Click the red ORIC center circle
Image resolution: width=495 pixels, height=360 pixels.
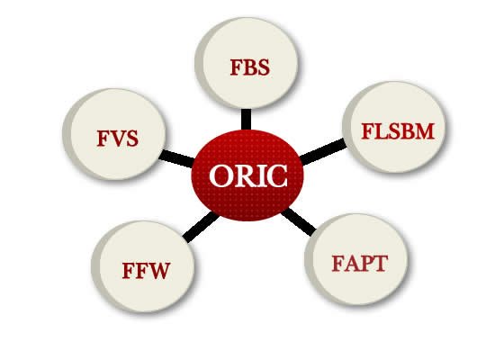pyautogui.click(x=247, y=175)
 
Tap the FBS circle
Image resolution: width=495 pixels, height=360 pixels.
pyautogui.click(x=247, y=63)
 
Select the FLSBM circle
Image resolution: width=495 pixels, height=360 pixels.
pyautogui.click(x=394, y=127)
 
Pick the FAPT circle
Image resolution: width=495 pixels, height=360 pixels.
pyautogui.click(x=356, y=259)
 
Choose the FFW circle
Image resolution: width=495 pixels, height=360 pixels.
pyautogui.click(x=143, y=266)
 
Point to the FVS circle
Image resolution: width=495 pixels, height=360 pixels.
pyautogui.click(x=114, y=134)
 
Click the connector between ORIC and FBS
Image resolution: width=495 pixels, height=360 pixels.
pyautogui.click(x=247, y=120)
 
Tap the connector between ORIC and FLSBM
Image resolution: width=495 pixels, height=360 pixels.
pyautogui.click(x=322, y=152)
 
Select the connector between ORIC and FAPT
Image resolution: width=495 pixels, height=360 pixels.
pyautogui.click(x=298, y=222)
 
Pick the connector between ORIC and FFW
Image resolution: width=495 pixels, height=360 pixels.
pyautogui.click(x=201, y=227)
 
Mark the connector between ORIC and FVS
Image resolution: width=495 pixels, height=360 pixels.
pyautogui.click(x=176, y=158)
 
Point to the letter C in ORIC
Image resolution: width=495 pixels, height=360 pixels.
pyautogui.click(x=277, y=175)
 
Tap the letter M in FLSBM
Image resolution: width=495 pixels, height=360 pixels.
pyautogui.click(x=424, y=131)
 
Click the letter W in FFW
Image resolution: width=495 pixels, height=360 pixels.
pyautogui.click(x=158, y=271)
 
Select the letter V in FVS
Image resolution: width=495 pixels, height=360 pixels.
pyautogui.click(x=120, y=139)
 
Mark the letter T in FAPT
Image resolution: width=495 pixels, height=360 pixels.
pyautogui.click(x=381, y=264)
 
